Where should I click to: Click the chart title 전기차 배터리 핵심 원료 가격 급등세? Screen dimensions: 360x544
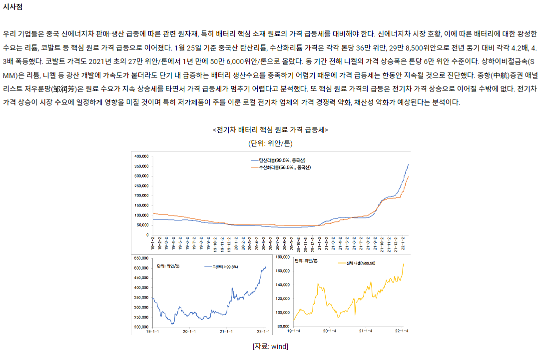tap(270, 130)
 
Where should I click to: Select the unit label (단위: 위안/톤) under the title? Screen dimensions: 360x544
tap(270, 143)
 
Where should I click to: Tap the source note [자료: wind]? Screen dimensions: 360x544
tap(270, 346)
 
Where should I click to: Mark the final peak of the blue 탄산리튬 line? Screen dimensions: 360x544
tap(408, 164)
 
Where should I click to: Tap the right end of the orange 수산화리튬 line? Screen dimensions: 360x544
tap(408, 176)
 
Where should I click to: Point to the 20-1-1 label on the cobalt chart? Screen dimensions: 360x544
tap(189, 331)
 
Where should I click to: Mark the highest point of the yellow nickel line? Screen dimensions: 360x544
tap(403, 264)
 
